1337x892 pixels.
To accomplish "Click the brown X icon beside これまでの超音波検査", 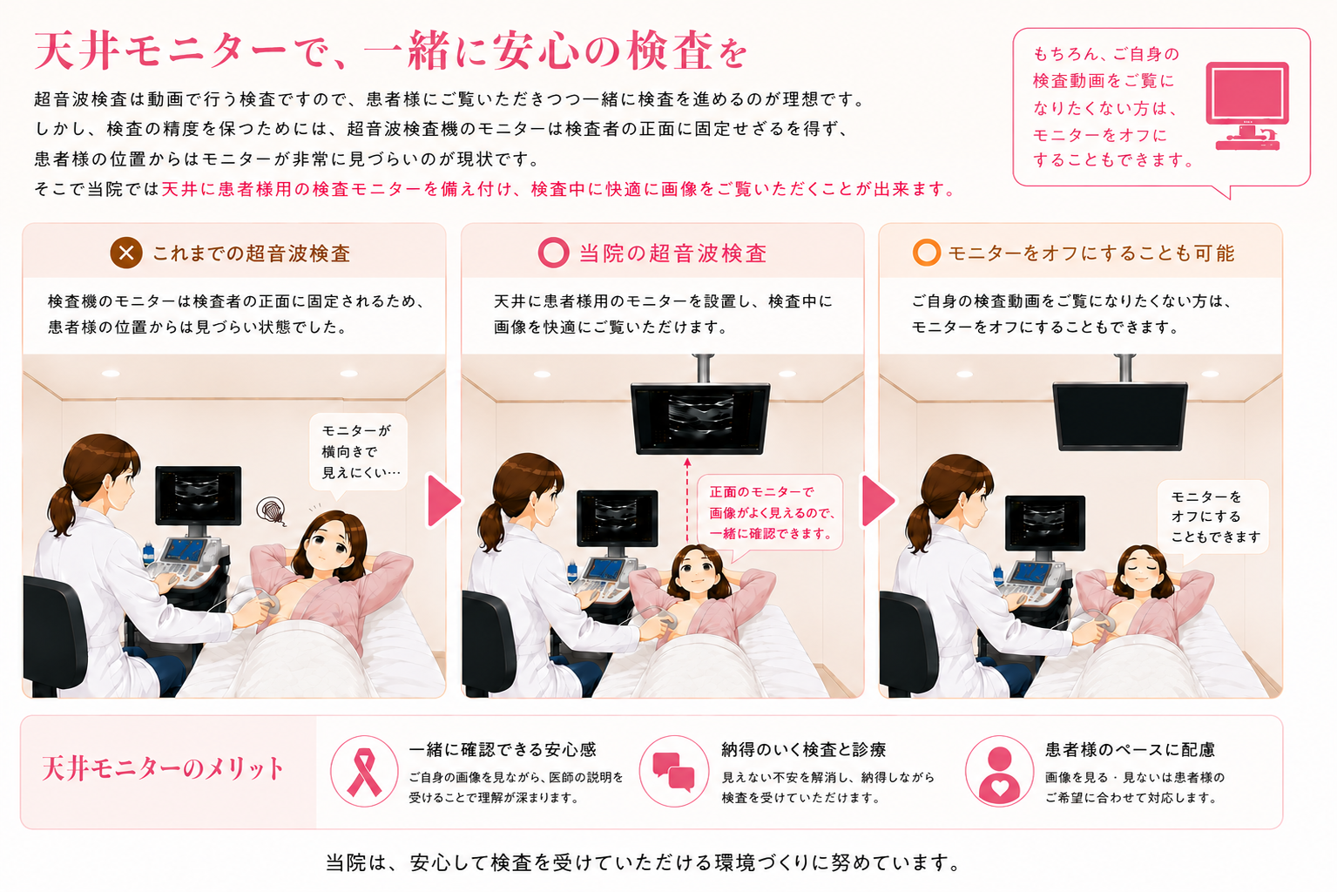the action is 126,253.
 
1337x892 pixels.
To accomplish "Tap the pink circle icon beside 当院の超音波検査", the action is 553,253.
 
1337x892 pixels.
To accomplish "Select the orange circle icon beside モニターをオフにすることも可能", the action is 927,253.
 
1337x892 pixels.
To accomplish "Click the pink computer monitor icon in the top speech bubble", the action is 1247,105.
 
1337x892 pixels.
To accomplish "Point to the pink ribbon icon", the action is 363,772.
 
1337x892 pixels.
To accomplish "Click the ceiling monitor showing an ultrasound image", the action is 700,418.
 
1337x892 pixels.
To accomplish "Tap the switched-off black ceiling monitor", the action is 1120,416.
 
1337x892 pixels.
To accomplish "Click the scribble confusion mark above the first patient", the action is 271,511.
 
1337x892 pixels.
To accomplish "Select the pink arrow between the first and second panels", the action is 443,500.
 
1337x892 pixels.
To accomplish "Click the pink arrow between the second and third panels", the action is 878,500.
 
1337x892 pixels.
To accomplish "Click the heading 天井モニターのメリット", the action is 162,769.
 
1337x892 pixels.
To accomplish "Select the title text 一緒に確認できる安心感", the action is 503,749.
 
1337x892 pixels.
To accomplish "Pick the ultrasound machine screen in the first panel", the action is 199,495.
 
